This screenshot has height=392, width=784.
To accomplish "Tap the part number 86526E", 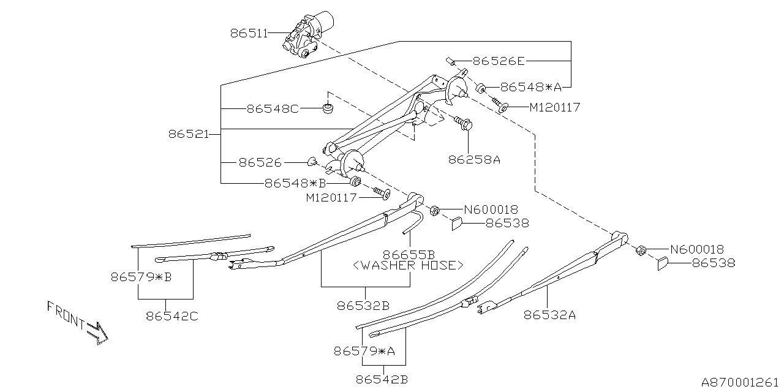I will (x=499, y=61).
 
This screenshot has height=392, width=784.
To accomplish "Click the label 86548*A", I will (x=530, y=87).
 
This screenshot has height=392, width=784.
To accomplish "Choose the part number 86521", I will (x=189, y=134).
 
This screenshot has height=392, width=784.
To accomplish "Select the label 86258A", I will (x=474, y=160).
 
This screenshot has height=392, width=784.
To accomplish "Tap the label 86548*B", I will (x=295, y=183).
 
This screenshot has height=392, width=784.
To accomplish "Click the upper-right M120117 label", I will (x=554, y=108).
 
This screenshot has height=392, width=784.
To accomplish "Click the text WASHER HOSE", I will (x=408, y=265).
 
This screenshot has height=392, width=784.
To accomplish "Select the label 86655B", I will (x=409, y=254).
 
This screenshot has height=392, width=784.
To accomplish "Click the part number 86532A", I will (x=549, y=315).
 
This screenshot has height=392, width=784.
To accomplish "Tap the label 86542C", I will (x=172, y=316).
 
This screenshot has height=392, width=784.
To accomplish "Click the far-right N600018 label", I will (x=697, y=249).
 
